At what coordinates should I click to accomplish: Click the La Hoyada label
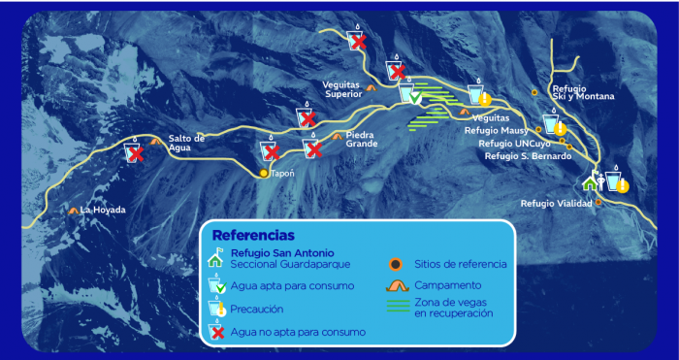(x=103, y=209)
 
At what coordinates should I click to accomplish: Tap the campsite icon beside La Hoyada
(x=74, y=209)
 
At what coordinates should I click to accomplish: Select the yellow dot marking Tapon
(x=263, y=174)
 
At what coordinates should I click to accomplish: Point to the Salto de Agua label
(x=186, y=144)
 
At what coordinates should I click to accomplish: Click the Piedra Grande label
(x=361, y=140)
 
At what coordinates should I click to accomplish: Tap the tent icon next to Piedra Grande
(x=337, y=136)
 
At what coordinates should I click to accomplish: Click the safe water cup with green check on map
(x=409, y=94)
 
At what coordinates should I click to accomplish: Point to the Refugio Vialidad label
(x=556, y=203)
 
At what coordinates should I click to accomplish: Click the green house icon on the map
(x=589, y=182)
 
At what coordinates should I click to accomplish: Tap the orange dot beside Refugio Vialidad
(x=598, y=202)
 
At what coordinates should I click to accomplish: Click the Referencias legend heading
(x=252, y=236)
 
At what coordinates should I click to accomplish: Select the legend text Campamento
(x=447, y=285)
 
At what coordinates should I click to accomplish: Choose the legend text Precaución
(x=257, y=309)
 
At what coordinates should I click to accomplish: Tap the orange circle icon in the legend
(x=395, y=263)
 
